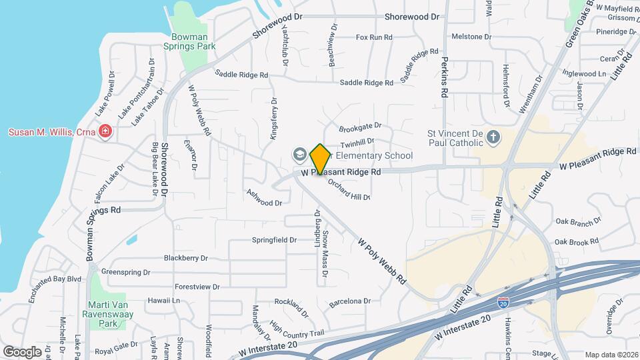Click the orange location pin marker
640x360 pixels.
tap(320, 159)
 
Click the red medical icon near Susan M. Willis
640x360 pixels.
tap(104, 132)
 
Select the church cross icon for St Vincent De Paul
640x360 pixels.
tap(493, 137)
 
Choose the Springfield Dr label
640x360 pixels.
tap(274, 240)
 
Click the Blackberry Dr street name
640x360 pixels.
tap(186, 258)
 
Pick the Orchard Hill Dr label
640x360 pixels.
tap(349, 189)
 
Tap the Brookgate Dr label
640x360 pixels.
tap(360, 125)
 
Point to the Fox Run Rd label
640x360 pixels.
tap(374, 37)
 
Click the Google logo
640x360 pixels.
tap(22, 351)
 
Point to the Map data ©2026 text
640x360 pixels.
tap(610, 355)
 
